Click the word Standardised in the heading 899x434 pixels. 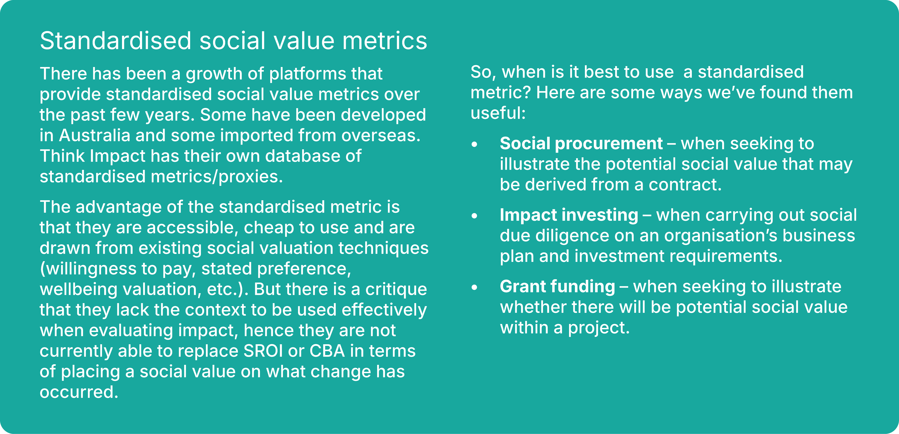coord(116,41)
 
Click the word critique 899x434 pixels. coord(396,289)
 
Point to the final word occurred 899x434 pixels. coord(79,392)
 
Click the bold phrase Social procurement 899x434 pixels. coord(581,143)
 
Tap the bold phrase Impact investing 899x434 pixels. coord(569,215)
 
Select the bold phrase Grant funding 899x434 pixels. coord(557,287)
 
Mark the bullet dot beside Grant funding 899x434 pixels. coord(474,287)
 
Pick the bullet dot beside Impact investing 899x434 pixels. coord(474,216)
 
